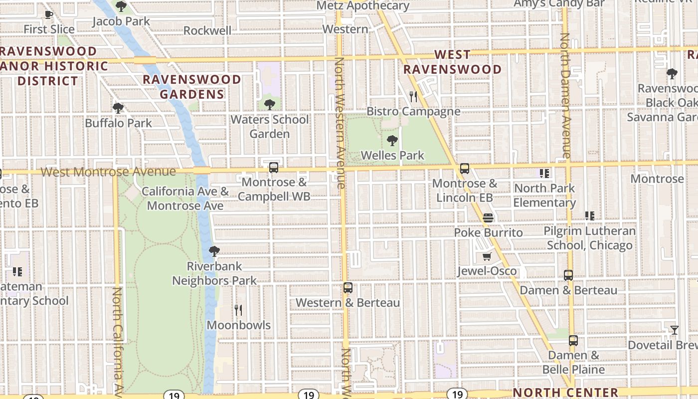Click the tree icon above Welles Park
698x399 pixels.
392,140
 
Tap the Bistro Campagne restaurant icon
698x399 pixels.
413,96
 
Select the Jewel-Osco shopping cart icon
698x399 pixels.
487,257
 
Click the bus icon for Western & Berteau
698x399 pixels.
348,288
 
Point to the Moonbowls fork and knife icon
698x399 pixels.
238,310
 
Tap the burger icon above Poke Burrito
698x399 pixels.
488,218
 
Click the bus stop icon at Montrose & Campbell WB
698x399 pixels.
273,168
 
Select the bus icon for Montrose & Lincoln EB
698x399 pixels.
464,169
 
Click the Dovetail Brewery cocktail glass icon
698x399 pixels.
674,330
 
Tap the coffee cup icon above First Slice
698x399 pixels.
48,14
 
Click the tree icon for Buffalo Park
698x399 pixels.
118,108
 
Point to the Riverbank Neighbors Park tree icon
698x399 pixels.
214,251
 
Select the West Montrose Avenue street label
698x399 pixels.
108,172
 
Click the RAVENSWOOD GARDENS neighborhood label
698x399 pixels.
192,87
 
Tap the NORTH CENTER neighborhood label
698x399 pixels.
565,393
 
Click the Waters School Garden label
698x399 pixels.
270,127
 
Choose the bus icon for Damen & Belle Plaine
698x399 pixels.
573,341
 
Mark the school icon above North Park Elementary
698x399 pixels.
544,174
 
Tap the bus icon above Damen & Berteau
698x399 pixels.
568,275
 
